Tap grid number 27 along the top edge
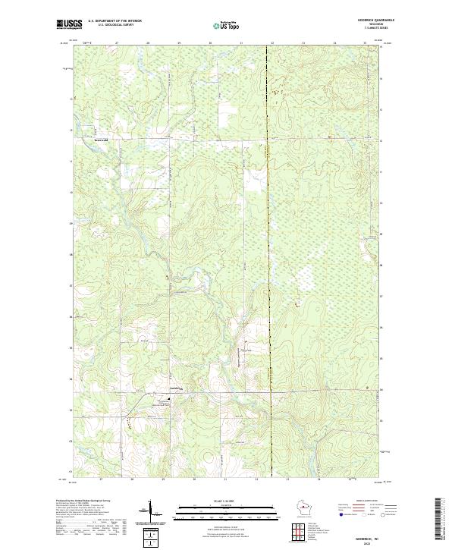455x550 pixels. point(116,44)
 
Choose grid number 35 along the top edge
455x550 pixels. point(365,44)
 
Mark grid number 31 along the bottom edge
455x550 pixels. point(225,479)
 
